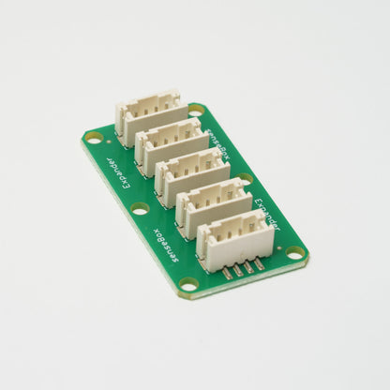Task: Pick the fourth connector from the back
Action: (x=213, y=201)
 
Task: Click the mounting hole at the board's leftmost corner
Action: (x=94, y=137)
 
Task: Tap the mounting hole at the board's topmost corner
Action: (x=195, y=112)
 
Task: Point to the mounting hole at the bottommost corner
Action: (x=189, y=283)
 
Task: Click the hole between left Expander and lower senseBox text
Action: (x=139, y=207)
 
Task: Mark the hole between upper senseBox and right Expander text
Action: (x=246, y=178)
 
